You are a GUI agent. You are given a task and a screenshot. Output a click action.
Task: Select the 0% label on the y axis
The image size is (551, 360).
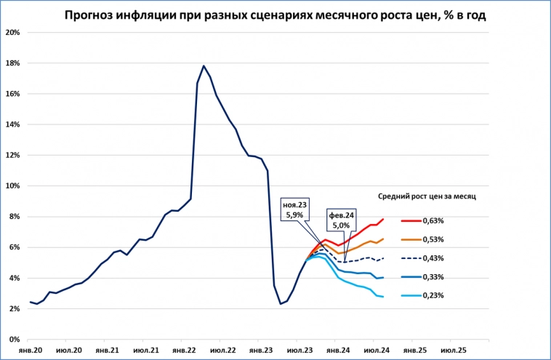tap(15, 340)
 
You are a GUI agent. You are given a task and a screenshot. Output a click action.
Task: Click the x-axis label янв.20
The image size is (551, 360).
tap(29, 350)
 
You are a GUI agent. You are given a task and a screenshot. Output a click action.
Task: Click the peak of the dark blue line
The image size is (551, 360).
tap(204, 66)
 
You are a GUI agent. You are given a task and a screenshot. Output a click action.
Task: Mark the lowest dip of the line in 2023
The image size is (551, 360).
tap(281, 303)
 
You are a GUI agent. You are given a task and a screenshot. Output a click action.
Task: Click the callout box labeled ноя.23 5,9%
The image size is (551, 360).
tap(295, 209)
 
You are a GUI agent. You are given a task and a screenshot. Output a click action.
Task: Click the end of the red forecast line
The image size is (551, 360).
tap(383, 219)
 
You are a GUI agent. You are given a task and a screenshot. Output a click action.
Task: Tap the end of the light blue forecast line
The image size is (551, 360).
tap(383, 297)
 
